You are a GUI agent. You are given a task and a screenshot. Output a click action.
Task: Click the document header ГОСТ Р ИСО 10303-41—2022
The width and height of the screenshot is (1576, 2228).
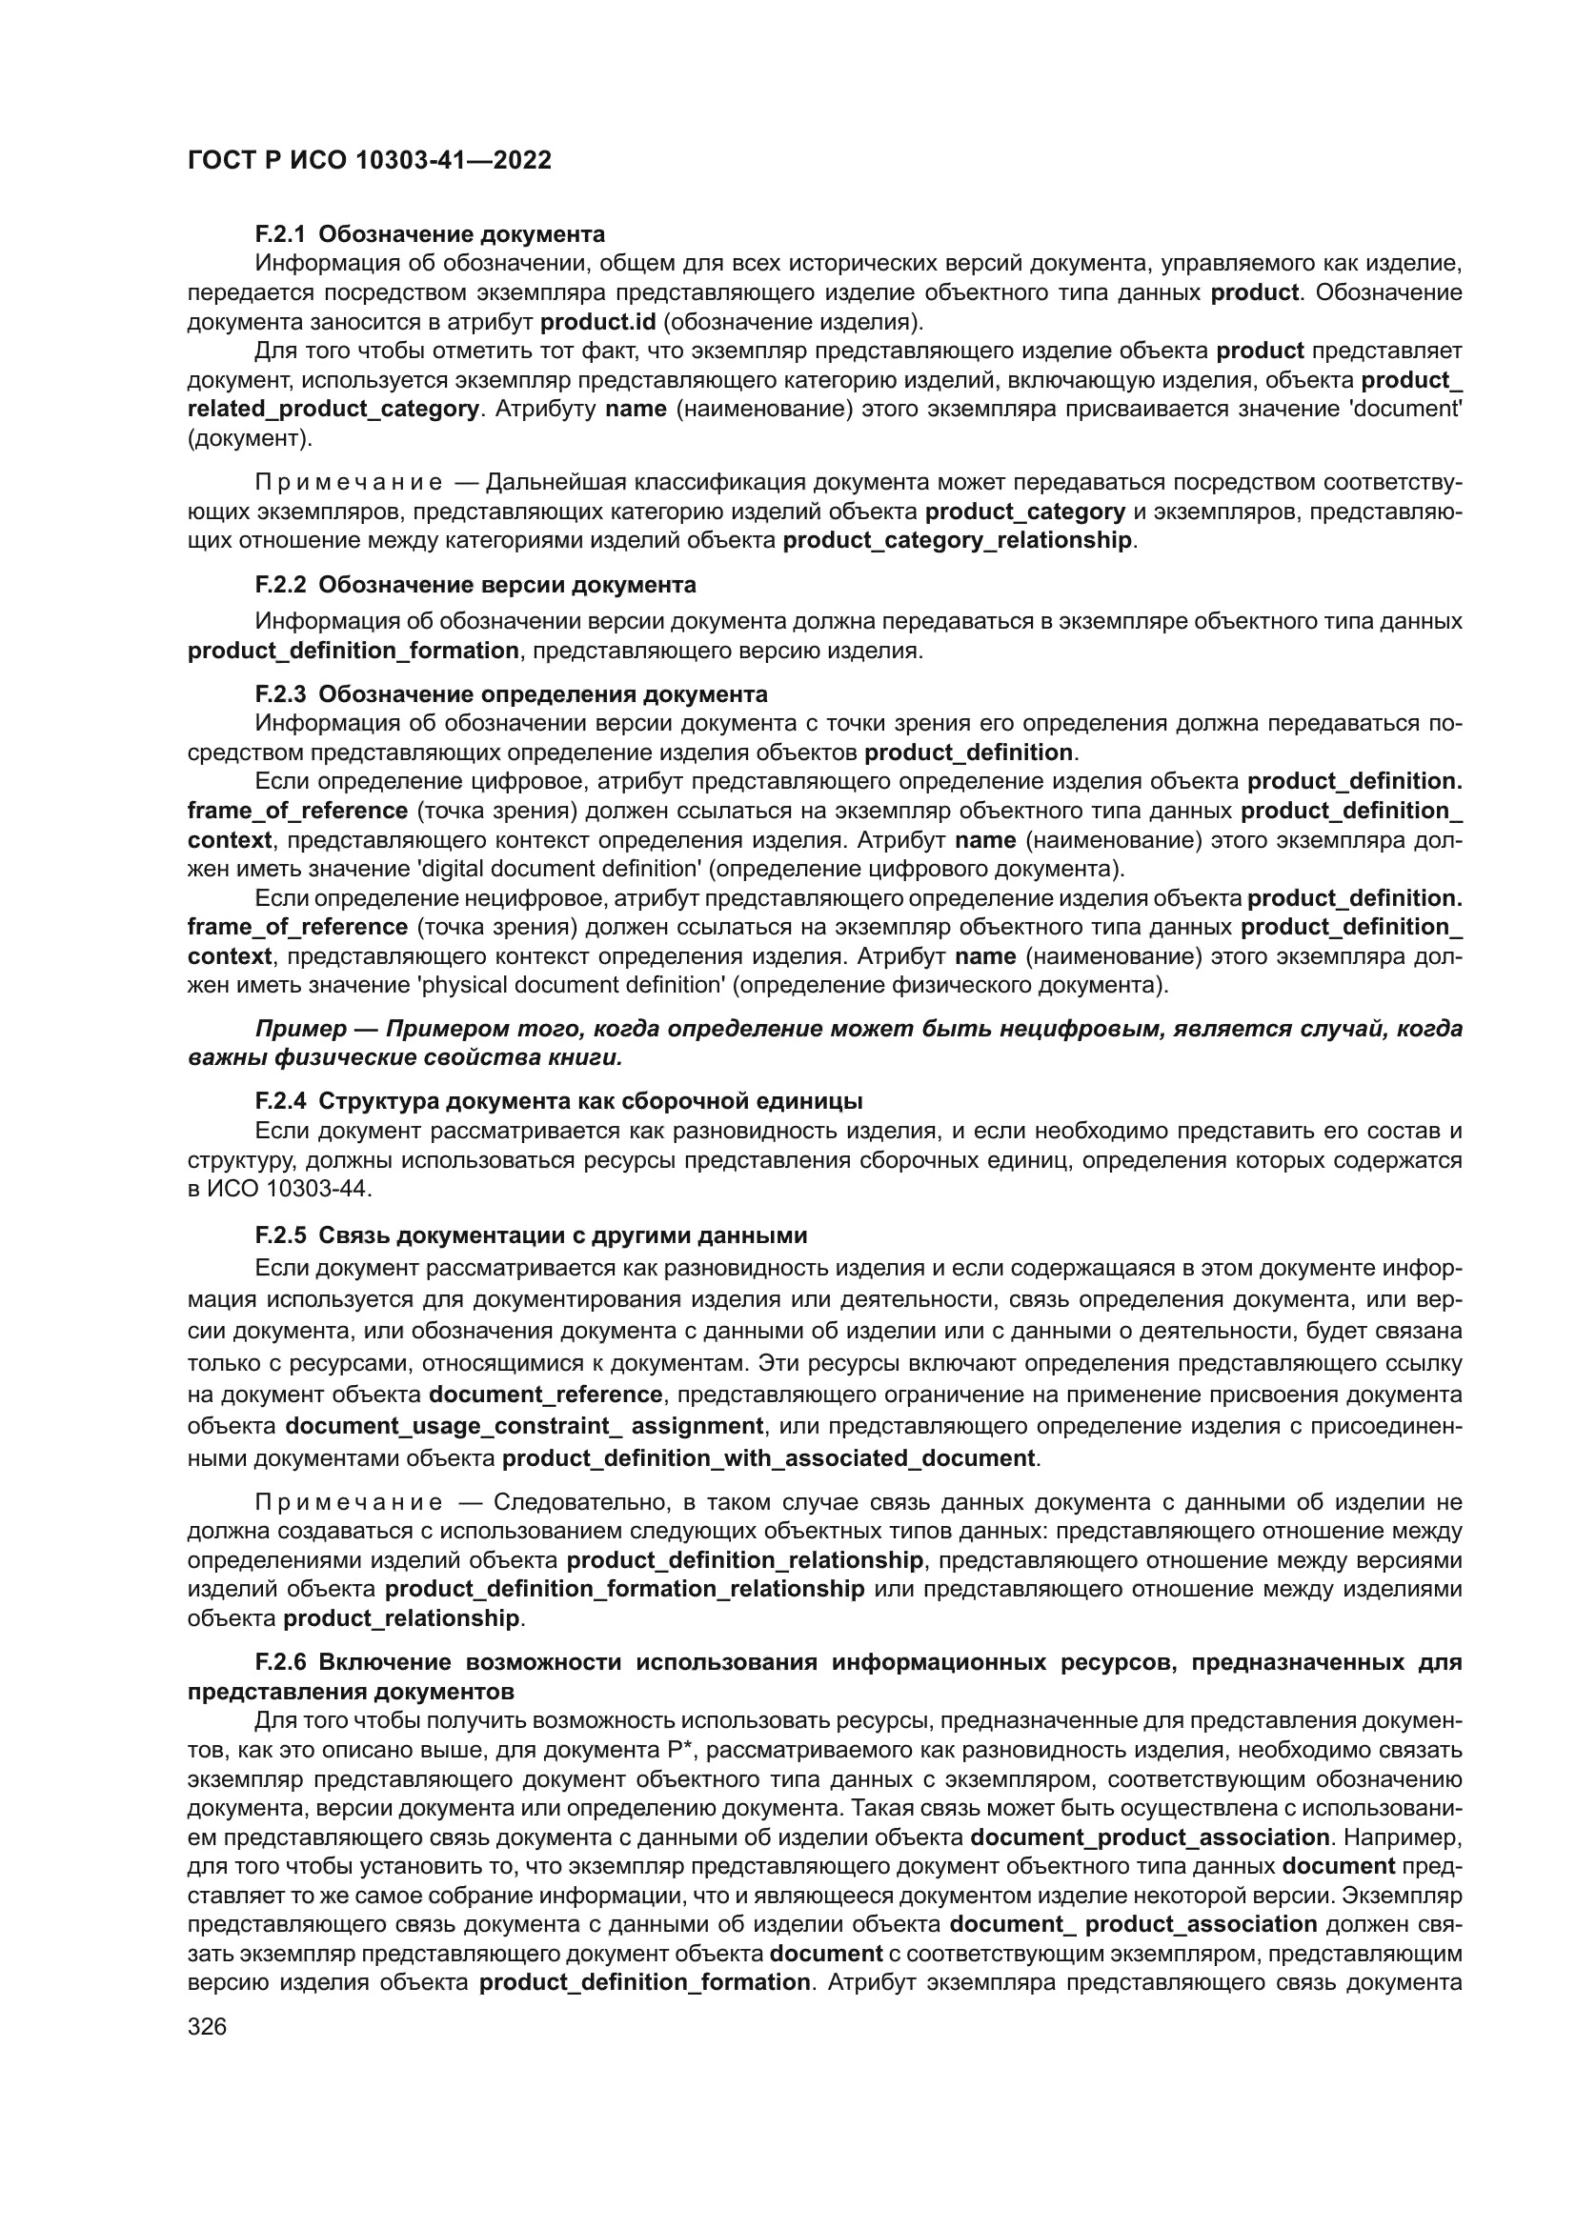pyautogui.click(x=369, y=160)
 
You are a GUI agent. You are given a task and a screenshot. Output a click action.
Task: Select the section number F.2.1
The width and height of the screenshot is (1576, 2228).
pyautogui.click(x=280, y=234)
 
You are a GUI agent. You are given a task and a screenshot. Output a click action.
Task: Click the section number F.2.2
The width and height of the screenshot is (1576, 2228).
pyautogui.click(x=280, y=585)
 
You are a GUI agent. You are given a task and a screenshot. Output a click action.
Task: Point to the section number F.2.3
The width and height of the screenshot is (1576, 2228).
pyautogui.click(x=280, y=693)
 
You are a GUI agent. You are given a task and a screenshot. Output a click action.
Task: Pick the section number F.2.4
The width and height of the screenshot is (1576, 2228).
pyautogui.click(x=280, y=1100)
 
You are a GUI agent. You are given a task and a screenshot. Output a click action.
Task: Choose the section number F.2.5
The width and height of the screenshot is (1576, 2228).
pyautogui.click(x=280, y=1235)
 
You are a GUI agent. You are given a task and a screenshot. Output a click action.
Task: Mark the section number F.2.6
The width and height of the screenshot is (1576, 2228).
pyautogui.click(x=280, y=1662)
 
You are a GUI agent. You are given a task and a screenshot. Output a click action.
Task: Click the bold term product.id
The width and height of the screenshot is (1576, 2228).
pyautogui.click(x=597, y=321)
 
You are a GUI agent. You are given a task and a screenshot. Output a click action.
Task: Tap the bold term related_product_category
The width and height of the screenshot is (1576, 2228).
pyautogui.click(x=333, y=409)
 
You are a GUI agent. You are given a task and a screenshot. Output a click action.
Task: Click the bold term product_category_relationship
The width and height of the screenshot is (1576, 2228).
pyautogui.click(x=957, y=540)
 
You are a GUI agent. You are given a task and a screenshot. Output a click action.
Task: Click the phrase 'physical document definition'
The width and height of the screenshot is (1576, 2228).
pyautogui.click(x=569, y=986)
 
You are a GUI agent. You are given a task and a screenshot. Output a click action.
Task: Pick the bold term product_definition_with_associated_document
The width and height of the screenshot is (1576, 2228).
pyautogui.click(x=770, y=1458)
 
